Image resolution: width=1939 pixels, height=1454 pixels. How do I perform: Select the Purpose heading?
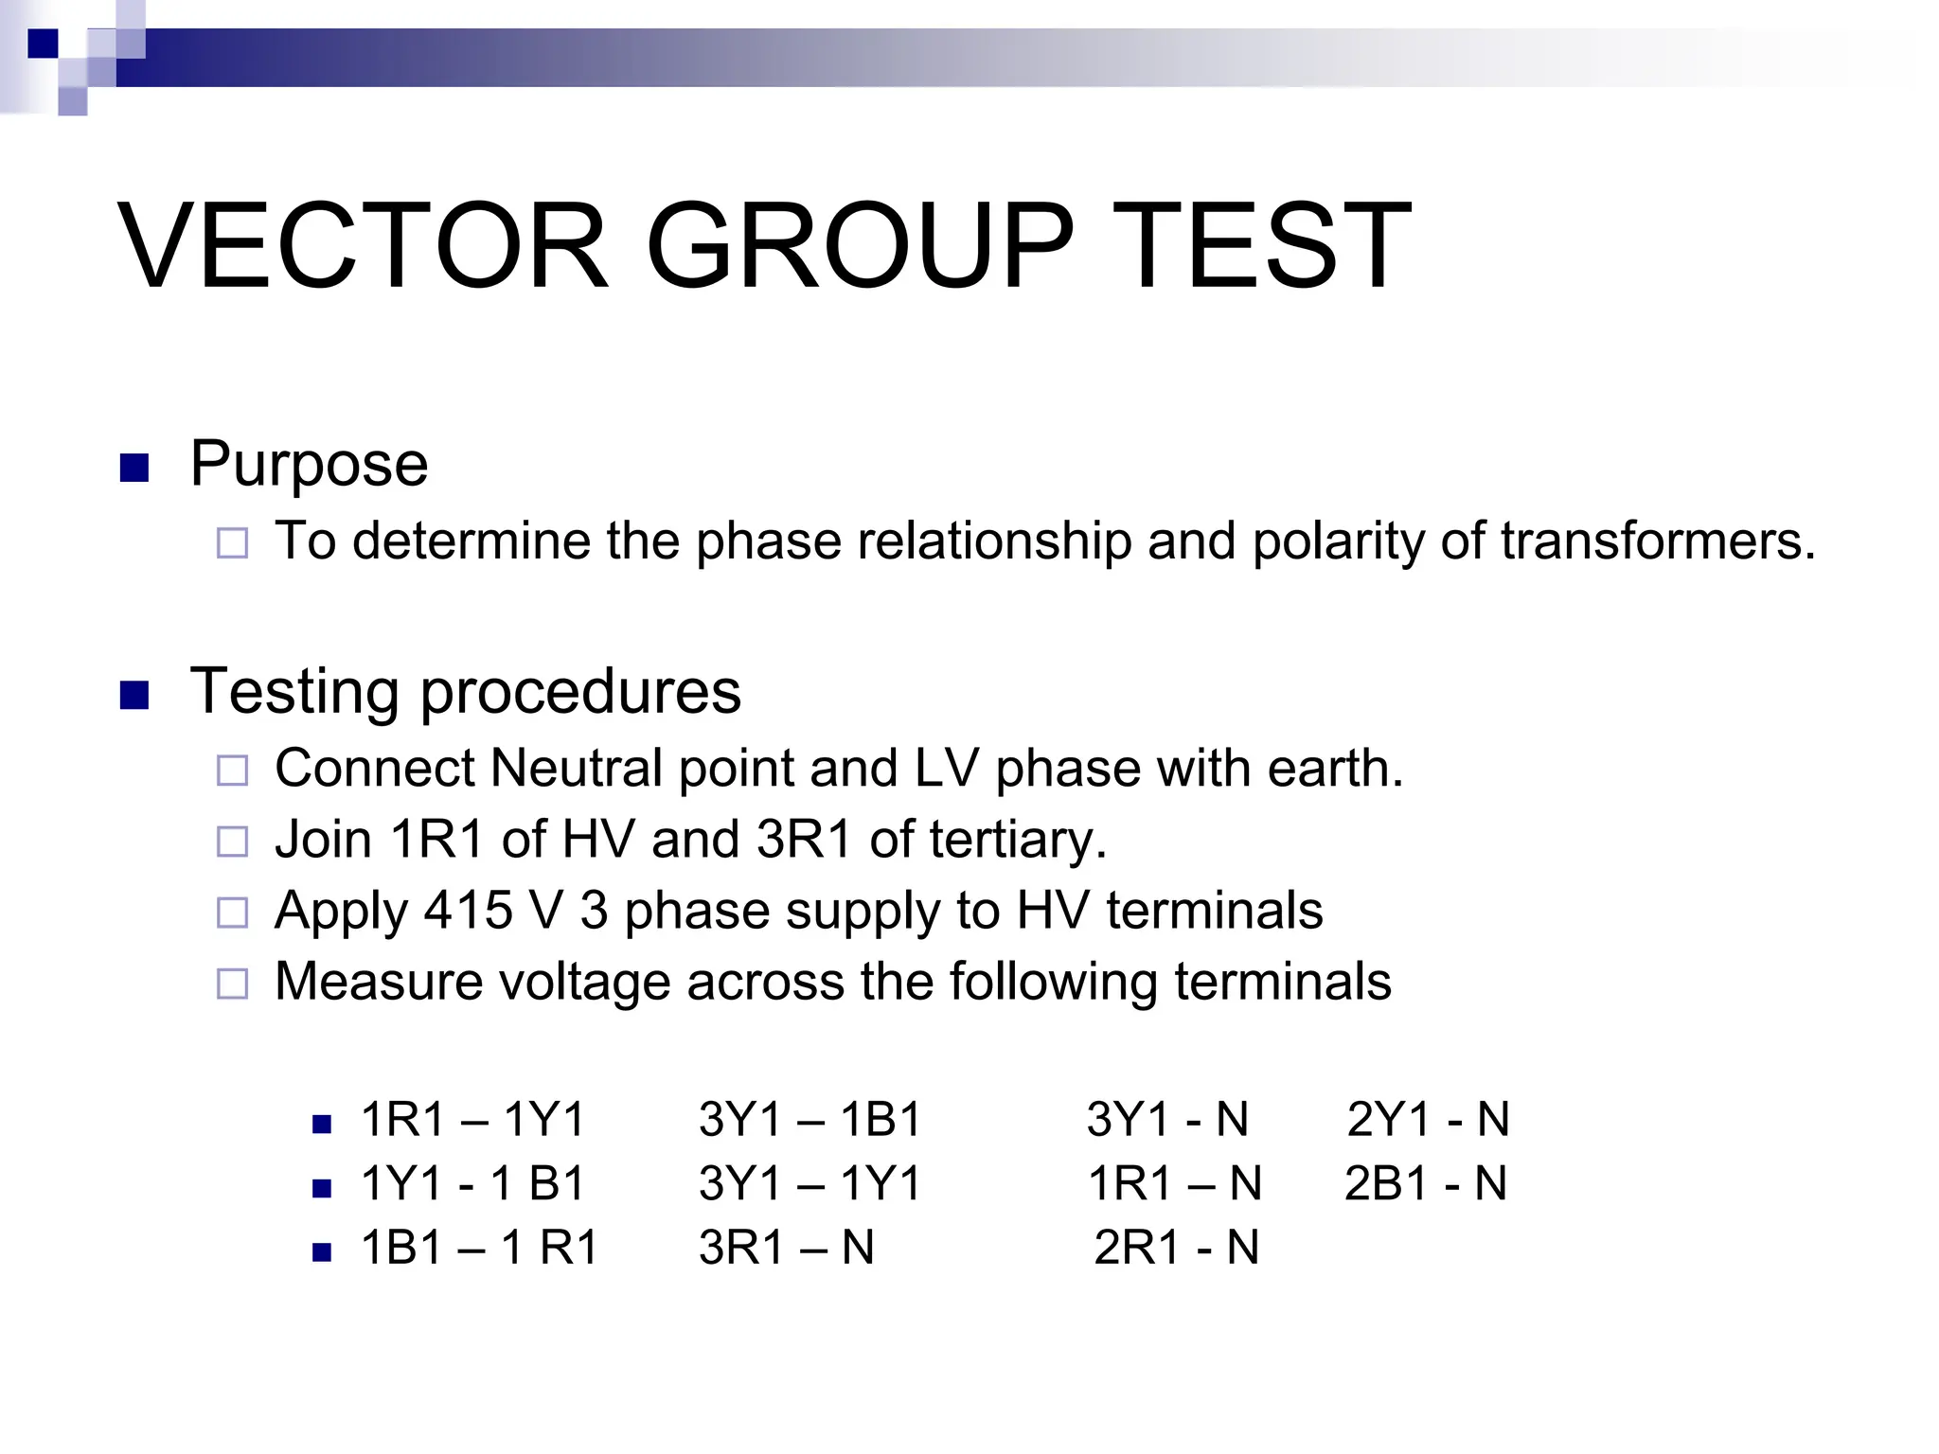(x=309, y=464)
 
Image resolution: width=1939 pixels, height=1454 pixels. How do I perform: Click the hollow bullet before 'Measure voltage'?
(x=232, y=984)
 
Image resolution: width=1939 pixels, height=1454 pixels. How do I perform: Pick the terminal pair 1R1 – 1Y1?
(x=473, y=1120)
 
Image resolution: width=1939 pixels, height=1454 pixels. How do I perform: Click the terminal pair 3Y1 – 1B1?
(x=809, y=1120)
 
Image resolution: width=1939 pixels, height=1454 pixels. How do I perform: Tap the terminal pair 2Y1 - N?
(x=1428, y=1120)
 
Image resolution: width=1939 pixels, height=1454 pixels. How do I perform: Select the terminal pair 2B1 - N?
(x=1426, y=1183)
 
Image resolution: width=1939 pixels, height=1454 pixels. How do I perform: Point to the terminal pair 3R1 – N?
(x=786, y=1248)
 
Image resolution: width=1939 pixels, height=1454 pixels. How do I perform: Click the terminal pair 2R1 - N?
(x=1176, y=1248)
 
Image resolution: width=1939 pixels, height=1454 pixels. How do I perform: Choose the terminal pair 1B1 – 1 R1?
(x=480, y=1248)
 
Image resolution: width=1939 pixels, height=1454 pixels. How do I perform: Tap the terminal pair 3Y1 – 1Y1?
(x=809, y=1183)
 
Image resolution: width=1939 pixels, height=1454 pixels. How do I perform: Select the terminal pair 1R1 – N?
(x=1174, y=1183)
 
